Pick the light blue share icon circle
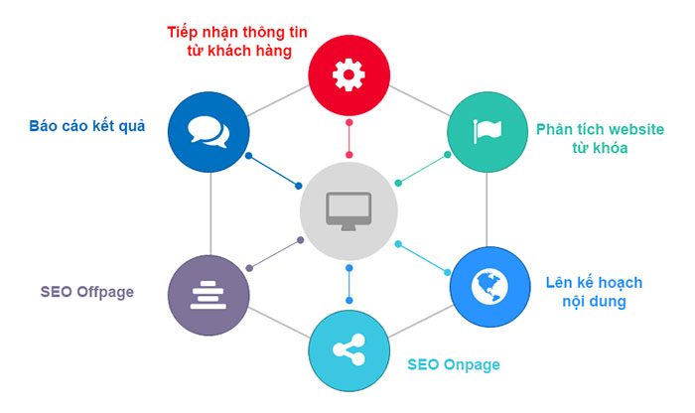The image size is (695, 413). pos(348,349)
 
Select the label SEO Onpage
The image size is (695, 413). pos(454,364)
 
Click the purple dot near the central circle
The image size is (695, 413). pos(301,240)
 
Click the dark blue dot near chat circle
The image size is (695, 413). pos(250,157)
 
